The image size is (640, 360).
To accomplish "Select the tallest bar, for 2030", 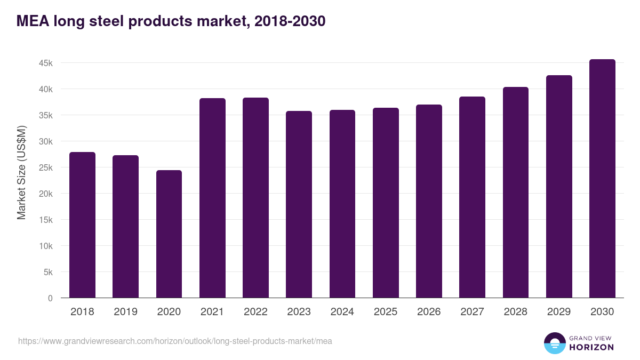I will click(602, 179).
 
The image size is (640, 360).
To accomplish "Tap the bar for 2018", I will click(82, 225).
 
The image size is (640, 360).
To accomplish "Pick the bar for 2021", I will click(212, 198).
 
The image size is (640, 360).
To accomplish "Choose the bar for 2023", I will click(299, 204).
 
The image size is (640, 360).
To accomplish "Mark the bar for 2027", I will click(472, 197).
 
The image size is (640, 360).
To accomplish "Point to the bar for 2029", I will click(559, 186).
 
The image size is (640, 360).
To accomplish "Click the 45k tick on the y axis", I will click(45, 63).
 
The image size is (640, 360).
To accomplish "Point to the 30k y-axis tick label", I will click(45, 141).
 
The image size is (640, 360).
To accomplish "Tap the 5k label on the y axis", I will click(47, 272).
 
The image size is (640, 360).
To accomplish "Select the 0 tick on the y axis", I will click(50, 298).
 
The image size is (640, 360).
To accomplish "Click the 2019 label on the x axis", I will click(125, 312).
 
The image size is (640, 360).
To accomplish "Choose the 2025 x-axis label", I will click(386, 312).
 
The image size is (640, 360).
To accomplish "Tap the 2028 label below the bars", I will click(516, 312).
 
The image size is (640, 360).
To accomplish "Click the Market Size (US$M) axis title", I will click(21, 172).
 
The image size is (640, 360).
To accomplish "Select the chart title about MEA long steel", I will click(171, 21).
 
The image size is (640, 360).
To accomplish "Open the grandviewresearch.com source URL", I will click(175, 341).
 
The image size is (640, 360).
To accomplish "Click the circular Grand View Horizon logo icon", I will click(554, 343).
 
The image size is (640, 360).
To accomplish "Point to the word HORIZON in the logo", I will click(591, 347).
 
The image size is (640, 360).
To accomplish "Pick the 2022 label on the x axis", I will click(255, 312).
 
